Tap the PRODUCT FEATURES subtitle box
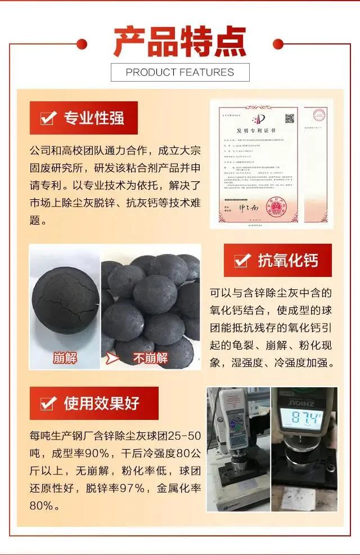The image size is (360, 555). click(x=180, y=72)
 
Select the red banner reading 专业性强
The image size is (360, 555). click(x=84, y=118)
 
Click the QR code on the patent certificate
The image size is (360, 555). click(x=290, y=119)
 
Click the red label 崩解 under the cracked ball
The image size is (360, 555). click(x=65, y=357)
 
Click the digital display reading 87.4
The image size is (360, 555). click(x=304, y=418)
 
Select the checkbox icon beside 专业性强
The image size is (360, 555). click(x=48, y=118)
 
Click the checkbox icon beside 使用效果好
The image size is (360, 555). click(x=48, y=403)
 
